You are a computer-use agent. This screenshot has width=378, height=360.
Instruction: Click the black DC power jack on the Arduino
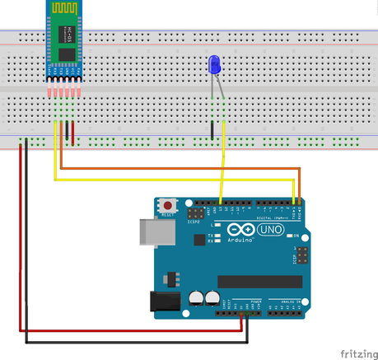[164, 302]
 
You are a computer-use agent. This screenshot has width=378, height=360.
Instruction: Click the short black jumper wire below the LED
[213, 129]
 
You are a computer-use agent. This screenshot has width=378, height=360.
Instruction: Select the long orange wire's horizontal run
[181, 168]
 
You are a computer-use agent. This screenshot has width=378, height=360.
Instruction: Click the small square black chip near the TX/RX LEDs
[199, 240]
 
